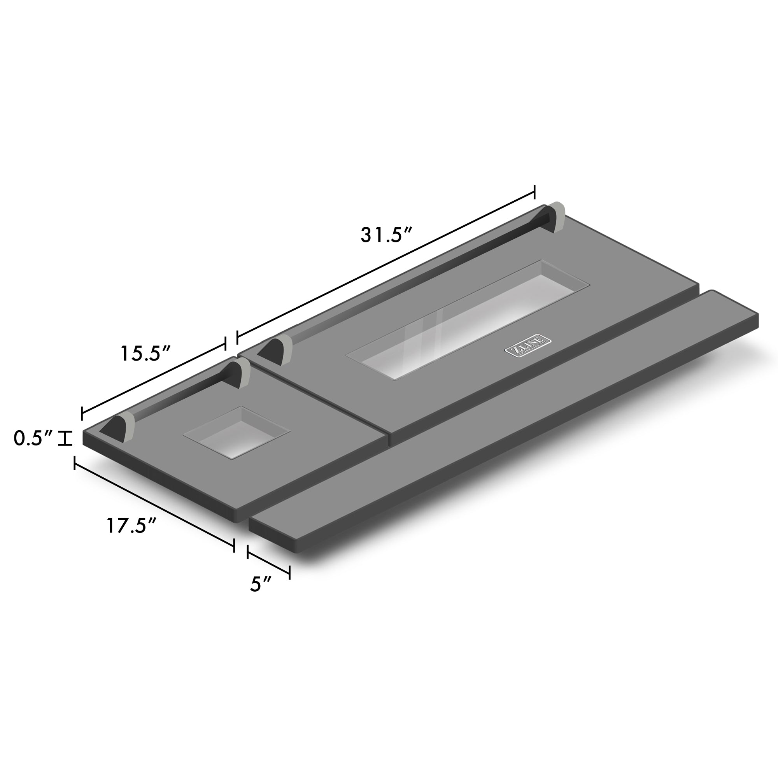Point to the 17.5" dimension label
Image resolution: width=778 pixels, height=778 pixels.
click(x=131, y=526)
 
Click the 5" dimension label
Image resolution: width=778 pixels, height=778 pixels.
click(x=261, y=584)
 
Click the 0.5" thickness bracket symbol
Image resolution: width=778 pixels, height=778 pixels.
click(x=65, y=438)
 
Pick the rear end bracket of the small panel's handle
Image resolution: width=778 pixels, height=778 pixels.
click(x=239, y=374)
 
